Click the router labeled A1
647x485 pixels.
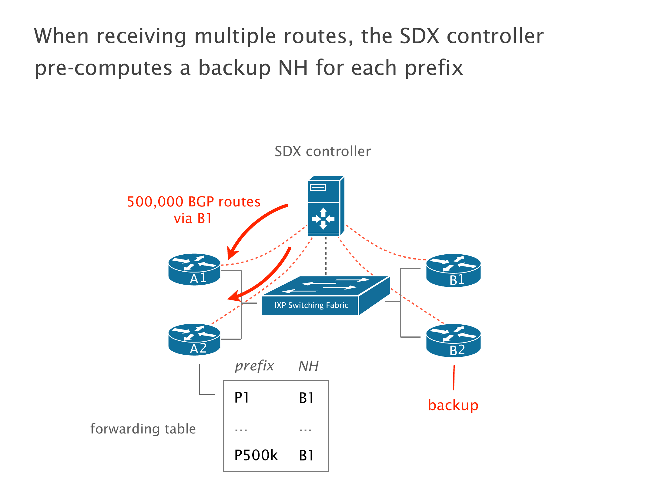(194, 269)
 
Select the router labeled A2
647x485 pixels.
(194, 339)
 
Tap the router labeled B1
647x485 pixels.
(453, 270)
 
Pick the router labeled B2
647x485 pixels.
(453, 341)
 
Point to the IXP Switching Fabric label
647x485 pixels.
(311, 305)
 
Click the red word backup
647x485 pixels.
(453, 405)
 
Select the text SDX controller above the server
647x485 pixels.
(323, 151)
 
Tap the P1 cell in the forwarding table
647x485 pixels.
(242, 397)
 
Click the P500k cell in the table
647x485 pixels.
(256, 455)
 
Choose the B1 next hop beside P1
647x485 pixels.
(306, 398)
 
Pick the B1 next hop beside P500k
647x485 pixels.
(306, 455)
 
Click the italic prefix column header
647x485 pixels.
(254, 366)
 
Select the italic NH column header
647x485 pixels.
(308, 366)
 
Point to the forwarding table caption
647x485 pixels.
(143, 429)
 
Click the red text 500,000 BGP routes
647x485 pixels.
(194, 202)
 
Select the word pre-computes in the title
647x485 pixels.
(103, 68)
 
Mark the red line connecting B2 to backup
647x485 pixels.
(454, 377)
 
